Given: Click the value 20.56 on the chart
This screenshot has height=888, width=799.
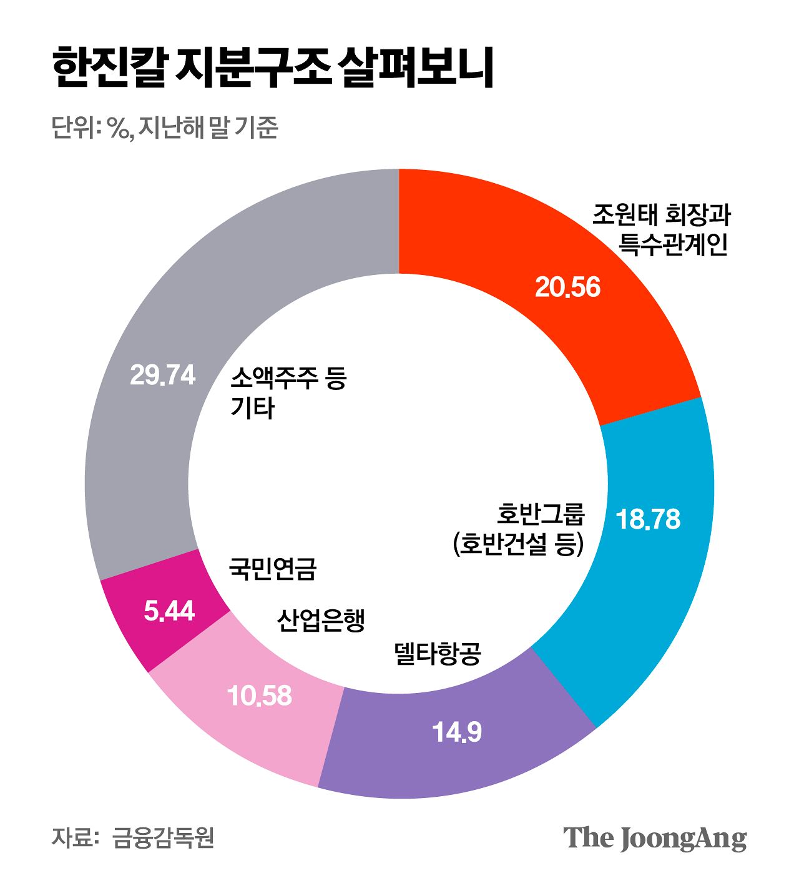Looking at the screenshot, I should [x=567, y=287].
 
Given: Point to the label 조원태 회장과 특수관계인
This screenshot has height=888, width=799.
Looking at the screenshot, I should [x=662, y=229].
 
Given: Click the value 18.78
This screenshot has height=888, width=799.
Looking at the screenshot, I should [x=648, y=520].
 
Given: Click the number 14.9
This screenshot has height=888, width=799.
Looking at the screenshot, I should [x=458, y=732].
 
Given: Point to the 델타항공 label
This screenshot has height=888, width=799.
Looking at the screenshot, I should [x=438, y=654].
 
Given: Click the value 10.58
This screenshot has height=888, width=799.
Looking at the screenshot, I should [x=260, y=696].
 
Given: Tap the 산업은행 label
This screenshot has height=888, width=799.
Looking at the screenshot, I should [x=320, y=620].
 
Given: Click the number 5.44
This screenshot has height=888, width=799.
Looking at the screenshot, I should [x=169, y=611].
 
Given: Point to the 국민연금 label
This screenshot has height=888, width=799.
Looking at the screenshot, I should [x=273, y=569].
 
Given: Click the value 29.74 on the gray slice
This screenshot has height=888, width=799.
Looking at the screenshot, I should [x=162, y=376].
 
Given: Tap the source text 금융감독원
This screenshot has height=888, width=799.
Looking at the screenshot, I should [x=163, y=837].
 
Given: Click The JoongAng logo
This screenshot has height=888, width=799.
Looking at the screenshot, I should [x=655, y=838].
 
